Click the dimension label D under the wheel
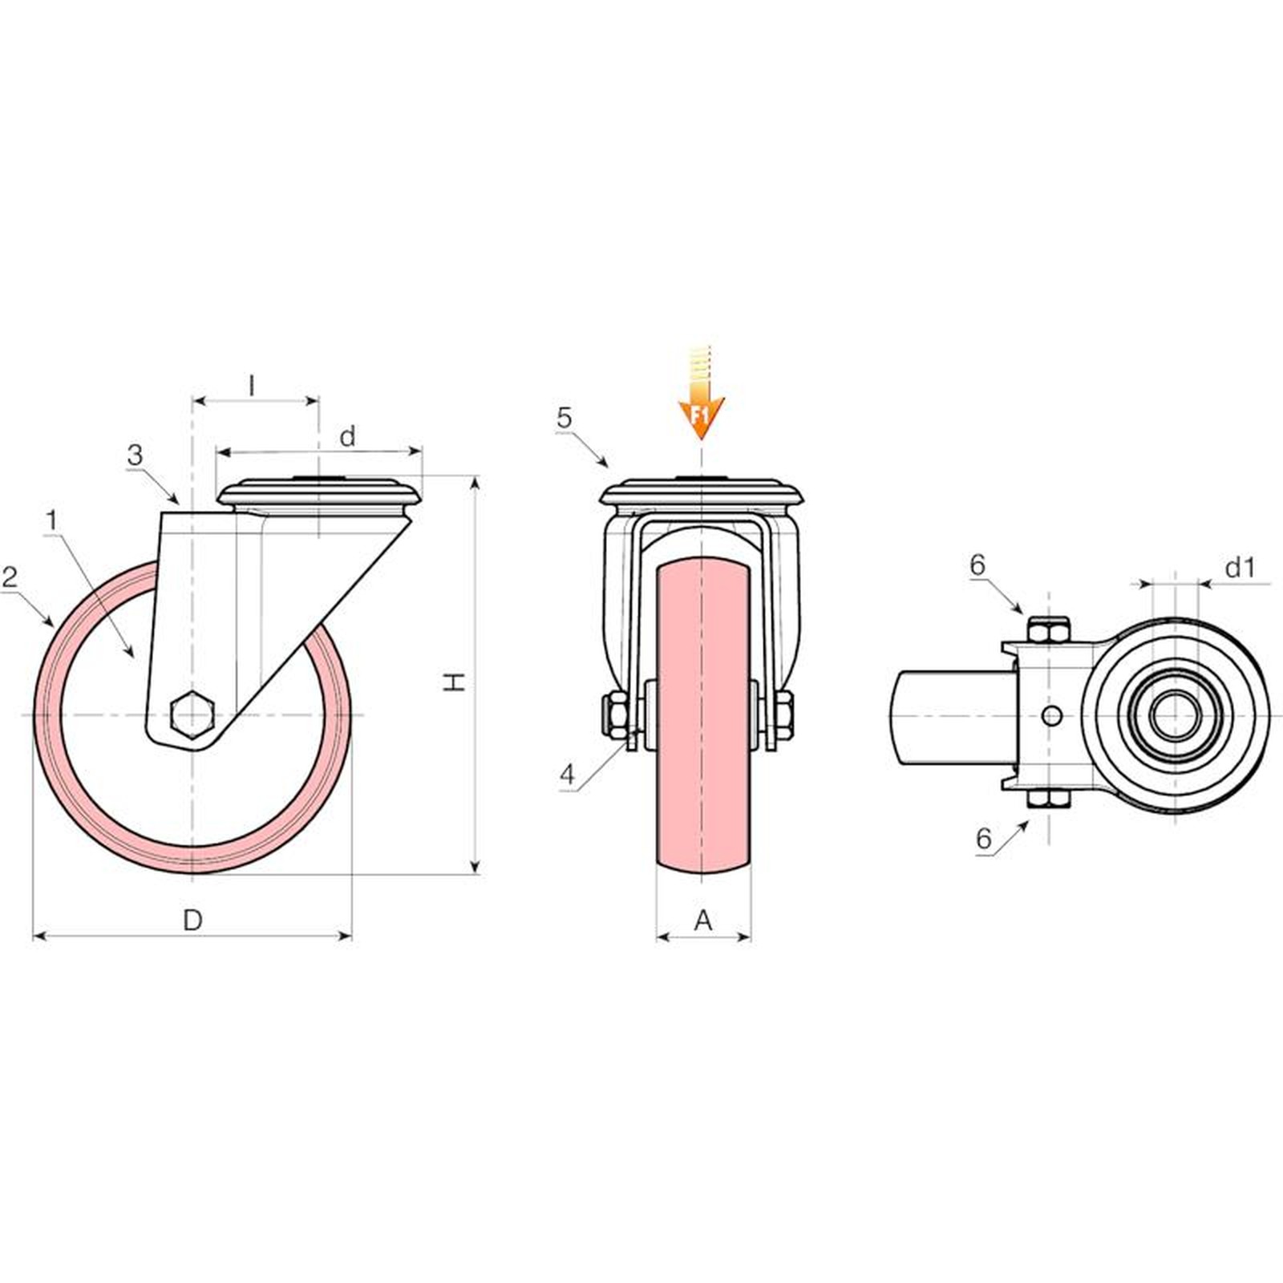[x=192, y=921]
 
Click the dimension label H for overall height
[x=455, y=682]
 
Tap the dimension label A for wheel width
[x=702, y=921]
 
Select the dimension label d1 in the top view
[x=1239, y=568]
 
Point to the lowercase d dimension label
[x=347, y=436]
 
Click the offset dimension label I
[x=252, y=386]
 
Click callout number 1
[x=52, y=520]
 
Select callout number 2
[x=10, y=577]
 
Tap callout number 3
[x=135, y=455]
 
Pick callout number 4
[x=568, y=775]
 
